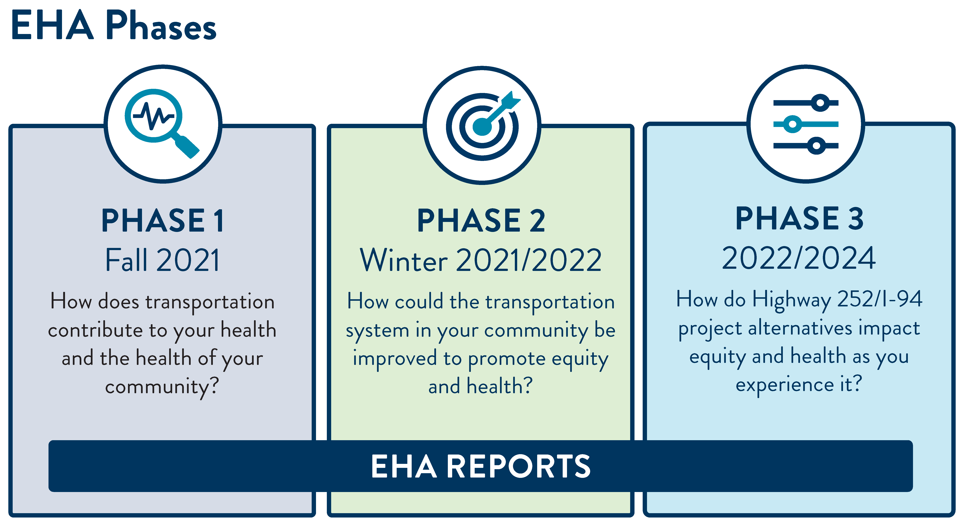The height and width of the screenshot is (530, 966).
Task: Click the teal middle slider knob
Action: click(x=792, y=124)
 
